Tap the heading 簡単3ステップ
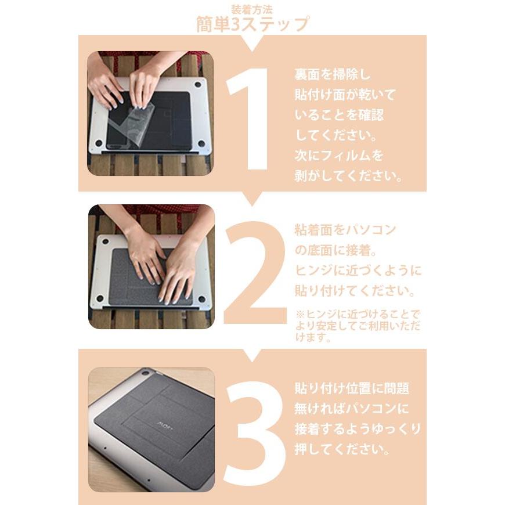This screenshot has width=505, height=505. click(252, 25)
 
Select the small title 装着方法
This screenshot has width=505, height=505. click(252, 9)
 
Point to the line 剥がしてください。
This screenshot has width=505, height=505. click(348, 176)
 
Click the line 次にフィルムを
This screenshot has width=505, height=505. click(339, 156)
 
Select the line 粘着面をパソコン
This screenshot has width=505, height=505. click(345, 230)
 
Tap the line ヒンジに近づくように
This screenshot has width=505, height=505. click(358, 271)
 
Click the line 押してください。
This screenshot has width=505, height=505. click(342, 450)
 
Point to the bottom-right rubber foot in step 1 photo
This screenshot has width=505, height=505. click(201, 143)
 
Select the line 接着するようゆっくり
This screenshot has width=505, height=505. click(358, 430)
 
